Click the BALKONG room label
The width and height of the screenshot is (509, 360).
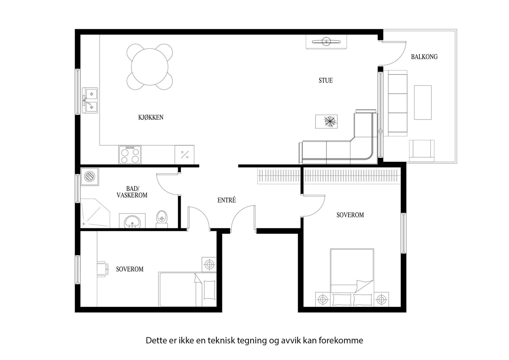[x=424, y=57]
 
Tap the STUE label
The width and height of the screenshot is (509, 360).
[x=326, y=80]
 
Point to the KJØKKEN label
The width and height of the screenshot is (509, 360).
[x=151, y=117]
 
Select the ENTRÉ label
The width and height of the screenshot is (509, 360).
[x=227, y=200]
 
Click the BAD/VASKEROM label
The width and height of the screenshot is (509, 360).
[x=132, y=192]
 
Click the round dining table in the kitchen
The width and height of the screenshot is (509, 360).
[x=150, y=67]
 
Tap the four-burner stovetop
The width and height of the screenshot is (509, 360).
[x=130, y=155]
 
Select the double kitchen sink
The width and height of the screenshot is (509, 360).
[x=90, y=100]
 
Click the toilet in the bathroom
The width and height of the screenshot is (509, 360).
[x=162, y=219]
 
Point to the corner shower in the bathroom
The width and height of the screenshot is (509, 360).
[x=95, y=213]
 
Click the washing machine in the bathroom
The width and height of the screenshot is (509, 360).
[x=89, y=177]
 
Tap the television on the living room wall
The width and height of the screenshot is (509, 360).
[x=326, y=42]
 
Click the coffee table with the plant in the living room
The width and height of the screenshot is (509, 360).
[x=326, y=121]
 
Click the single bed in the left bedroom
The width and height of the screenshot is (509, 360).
[x=187, y=289]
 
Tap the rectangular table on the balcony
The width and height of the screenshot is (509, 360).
[x=423, y=102]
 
